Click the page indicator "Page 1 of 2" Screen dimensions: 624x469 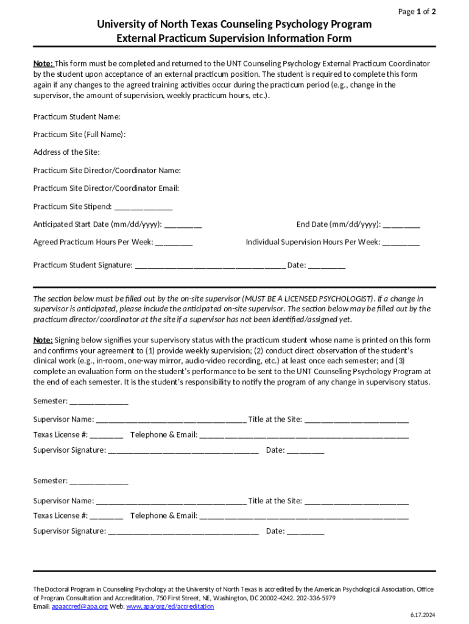[x=417, y=12]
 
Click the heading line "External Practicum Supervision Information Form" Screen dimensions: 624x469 [x=234, y=38]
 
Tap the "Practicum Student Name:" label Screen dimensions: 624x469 [x=77, y=116]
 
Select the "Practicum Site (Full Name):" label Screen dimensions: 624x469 [x=80, y=134]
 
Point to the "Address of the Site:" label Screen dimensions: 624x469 [x=66, y=152]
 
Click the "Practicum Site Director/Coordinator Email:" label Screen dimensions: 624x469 [x=106, y=188]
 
